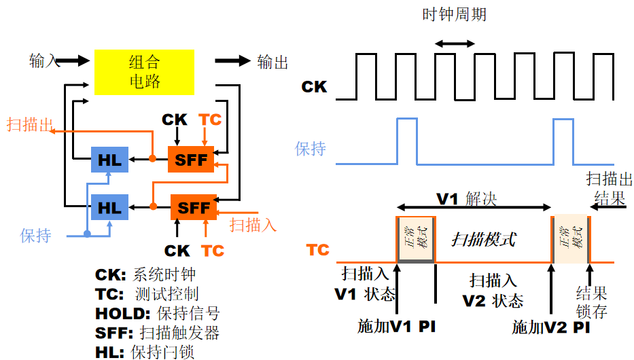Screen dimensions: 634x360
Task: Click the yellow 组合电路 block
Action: pos(144,72)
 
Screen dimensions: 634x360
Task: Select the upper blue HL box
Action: pos(109,160)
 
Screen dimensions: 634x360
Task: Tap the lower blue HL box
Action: pos(109,207)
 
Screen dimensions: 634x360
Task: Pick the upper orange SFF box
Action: pos(191,160)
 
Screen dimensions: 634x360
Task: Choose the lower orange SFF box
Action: pos(194,207)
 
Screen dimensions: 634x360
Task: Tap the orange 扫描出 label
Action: pos(31,124)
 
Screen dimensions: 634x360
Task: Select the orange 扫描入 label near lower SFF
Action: pos(253,225)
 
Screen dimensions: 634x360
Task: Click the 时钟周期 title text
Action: pos(454,14)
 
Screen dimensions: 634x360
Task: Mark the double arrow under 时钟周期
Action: pos(455,43)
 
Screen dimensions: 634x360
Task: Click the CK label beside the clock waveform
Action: pos(314,86)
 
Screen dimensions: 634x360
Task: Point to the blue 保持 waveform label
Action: pos(311,149)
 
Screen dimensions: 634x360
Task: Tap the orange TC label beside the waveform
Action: pos(318,250)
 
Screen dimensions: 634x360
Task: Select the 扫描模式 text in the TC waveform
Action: pos(484,239)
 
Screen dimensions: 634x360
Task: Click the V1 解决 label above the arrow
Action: pos(467,199)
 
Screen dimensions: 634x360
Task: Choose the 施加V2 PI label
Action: pos(551,327)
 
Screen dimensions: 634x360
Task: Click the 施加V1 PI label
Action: pos(397,326)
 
